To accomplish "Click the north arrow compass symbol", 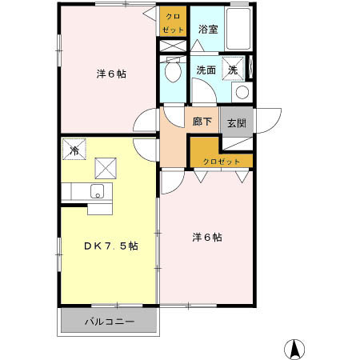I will (294, 349).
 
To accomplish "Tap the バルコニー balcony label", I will (110, 322).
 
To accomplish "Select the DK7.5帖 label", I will (111, 246).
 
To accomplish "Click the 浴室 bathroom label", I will (209, 29).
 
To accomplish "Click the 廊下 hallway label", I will (202, 122).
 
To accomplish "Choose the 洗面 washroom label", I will (206, 70).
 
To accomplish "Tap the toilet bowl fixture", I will (171, 73).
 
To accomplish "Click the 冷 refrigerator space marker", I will (75, 149).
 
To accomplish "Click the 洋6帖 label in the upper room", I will (111, 74).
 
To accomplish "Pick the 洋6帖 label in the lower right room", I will (206, 237).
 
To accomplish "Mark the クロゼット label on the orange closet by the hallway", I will (221, 162).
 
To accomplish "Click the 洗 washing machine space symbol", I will (233, 70).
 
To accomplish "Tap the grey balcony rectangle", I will (110, 322).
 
